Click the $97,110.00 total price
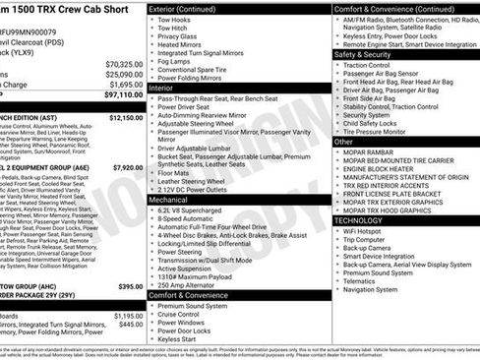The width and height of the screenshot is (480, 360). point(117,95)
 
